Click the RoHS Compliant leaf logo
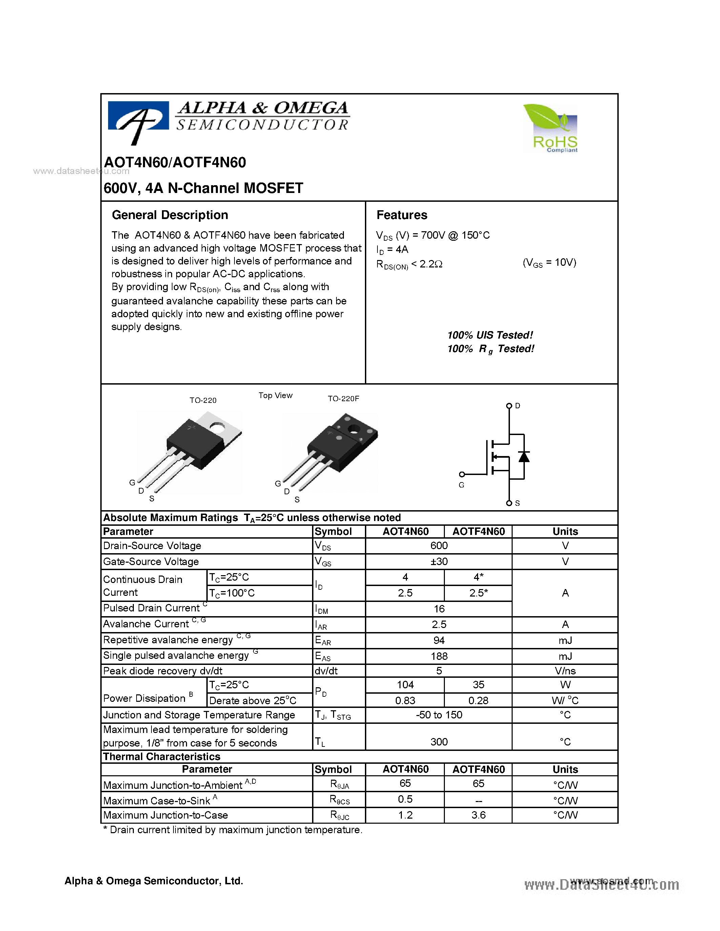550,128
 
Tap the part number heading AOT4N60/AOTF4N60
175,163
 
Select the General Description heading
170,215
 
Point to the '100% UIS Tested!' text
490,335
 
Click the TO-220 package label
203,400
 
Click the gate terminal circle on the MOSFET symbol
462,474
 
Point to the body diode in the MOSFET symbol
524,457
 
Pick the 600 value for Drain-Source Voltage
439,546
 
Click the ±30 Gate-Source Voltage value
439,561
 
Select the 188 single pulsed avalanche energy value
439,656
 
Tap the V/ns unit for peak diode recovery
565,671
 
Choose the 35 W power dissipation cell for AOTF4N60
478,685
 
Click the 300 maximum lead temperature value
439,742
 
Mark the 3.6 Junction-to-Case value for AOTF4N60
478,815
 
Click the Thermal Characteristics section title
162,757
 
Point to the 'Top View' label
275,395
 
